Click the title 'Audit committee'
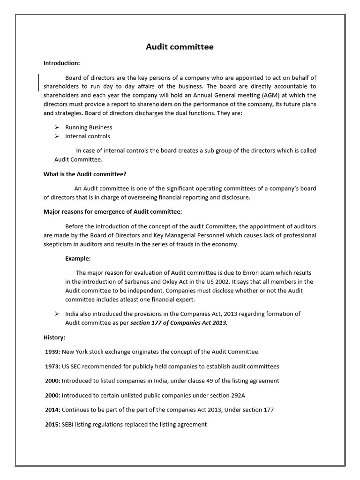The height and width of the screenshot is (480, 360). point(180,46)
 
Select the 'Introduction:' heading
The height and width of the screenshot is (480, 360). point(62,63)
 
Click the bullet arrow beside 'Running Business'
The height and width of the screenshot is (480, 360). point(56,127)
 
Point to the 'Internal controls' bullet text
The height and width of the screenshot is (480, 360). point(88,136)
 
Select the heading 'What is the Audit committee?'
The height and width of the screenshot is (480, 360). point(85,174)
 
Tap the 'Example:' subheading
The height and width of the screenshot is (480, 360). point(78,258)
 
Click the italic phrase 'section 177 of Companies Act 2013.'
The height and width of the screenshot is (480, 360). point(179,323)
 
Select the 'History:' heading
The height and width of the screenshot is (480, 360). point(54,337)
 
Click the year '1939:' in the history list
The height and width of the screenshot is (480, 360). point(52,352)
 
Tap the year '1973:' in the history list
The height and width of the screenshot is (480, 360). point(52,366)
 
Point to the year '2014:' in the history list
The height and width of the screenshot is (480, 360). point(52,410)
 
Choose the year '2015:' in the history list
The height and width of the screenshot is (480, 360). point(52,424)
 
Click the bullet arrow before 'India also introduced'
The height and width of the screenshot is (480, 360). point(56,314)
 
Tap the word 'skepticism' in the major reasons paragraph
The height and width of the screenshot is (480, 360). point(59,244)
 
